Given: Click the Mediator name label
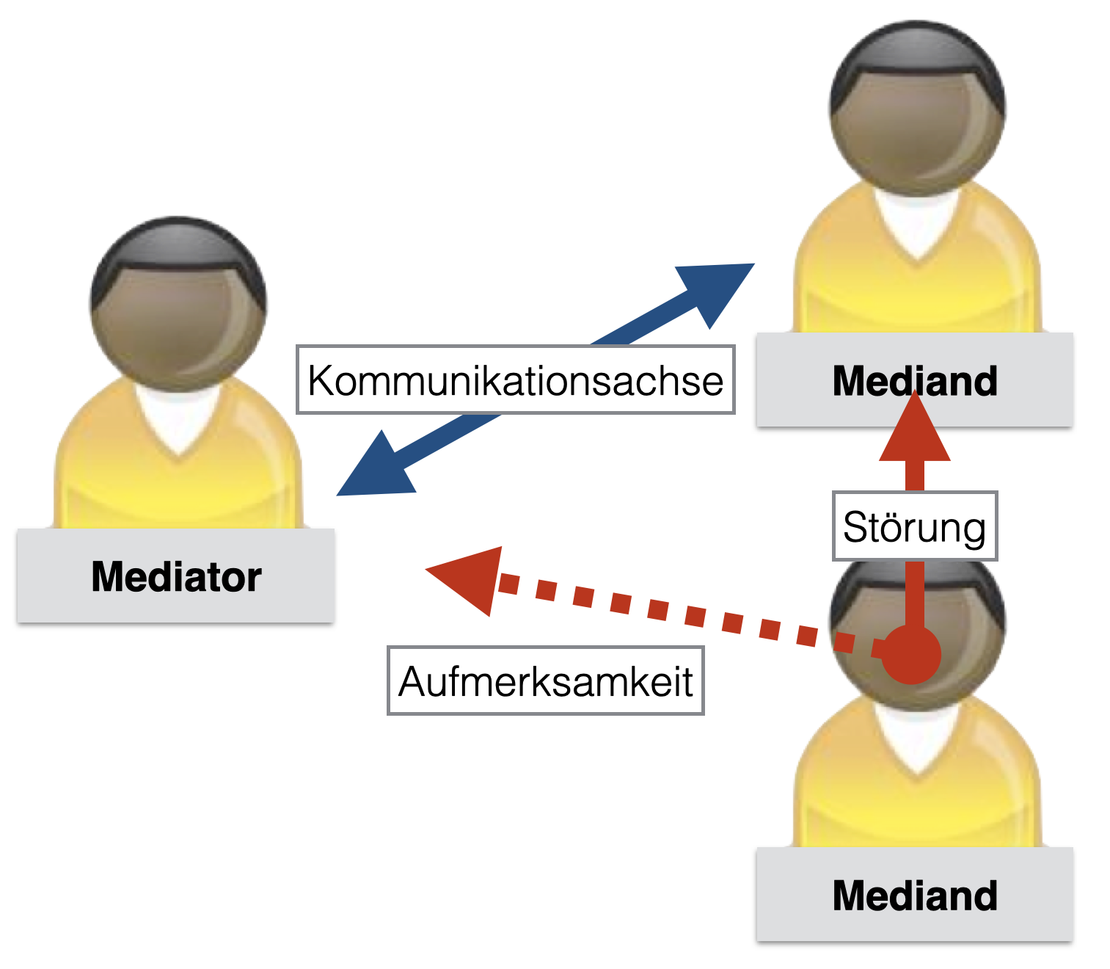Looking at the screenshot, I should tap(176, 576).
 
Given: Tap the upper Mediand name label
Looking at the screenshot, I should tap(914, 380).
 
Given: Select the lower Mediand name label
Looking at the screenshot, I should tap(914, 895).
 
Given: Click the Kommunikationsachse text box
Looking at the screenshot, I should tap(515, 380).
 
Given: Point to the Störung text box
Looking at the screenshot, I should tap(914, 526).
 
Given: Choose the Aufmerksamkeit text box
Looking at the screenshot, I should tap(545, 681).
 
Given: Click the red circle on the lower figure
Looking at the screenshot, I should tap(910, 655).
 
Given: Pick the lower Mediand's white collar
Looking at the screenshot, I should tap(917, 738).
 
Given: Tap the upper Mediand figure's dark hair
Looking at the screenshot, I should tap(917, 48).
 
